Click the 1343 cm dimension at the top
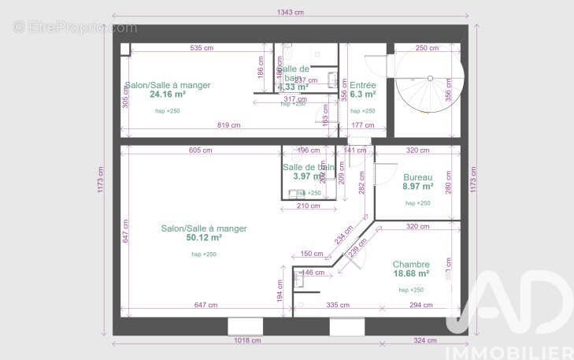click(x=290, y=13)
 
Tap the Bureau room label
click(x=417, y=177)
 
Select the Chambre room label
click(x=410, y=264)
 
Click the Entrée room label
click(x=363, y=85)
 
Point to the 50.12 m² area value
click(x=203, y=237)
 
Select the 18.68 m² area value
click(x=410, y=273)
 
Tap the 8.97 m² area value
click(x=418, y=187)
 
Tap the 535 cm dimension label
click(x=202, y=48)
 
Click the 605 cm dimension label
click(x=200, y=150)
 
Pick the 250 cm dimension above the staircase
click(x=427, y=48)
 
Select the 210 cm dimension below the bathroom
click(x=308, y=206)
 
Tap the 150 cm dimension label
click(x=312, y=254)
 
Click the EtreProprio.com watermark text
click(x=75, y=28)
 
